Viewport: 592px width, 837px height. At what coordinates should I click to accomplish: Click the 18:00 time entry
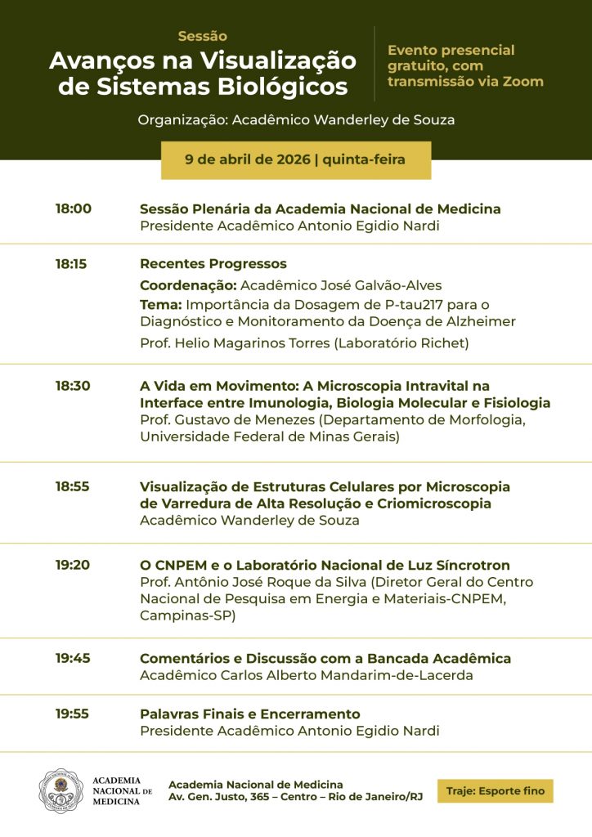(x=74, y=208)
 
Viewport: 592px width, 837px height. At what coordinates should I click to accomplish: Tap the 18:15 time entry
(x=72, y=264)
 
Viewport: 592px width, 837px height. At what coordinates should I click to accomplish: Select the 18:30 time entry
(x=73, y=386)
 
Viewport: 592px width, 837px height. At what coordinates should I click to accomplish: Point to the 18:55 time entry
(x=73, y=486)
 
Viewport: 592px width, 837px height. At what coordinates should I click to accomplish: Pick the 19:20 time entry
(x=73, y=565)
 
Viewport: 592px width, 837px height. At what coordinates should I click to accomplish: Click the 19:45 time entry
(x=73, y=658)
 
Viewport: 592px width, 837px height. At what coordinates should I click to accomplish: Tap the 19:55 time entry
(x=72, y=714)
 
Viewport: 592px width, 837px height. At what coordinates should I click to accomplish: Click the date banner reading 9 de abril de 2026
(x=295, y=159)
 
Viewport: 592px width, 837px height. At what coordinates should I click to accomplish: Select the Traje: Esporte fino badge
(x=495, y=790)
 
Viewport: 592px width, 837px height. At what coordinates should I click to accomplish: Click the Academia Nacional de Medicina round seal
(x=61, y=790)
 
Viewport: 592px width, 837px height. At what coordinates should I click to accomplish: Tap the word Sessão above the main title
(x=202, y=36)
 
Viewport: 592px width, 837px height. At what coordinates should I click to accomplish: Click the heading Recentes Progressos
(x=213, y=264)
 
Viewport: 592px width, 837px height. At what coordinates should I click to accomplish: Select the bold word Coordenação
(x=188, y=285)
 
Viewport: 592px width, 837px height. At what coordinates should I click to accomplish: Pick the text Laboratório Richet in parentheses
(x=401, y=343)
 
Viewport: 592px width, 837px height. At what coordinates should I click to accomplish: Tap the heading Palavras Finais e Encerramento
(x=249, y=714)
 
